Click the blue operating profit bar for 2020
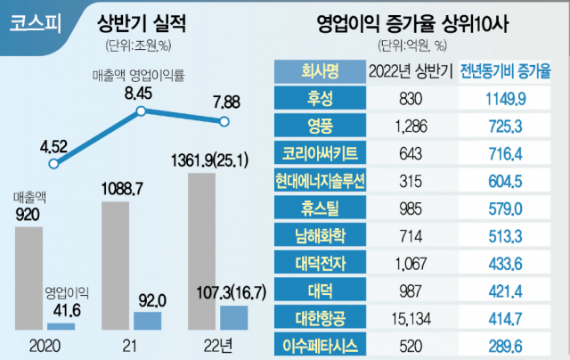[x=61, y=326]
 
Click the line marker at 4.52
[x=53, y=164]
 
